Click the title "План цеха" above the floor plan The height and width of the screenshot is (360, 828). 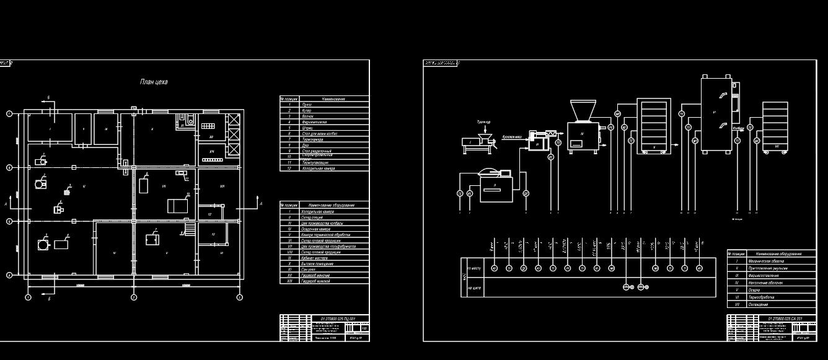153,82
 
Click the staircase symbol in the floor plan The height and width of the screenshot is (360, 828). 190,229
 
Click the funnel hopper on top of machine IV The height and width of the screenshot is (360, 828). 582,111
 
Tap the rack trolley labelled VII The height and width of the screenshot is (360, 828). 775,126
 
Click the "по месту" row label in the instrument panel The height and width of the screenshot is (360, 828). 474,268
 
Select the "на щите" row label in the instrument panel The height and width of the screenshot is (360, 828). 474,288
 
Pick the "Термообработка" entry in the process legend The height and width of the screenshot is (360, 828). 764,297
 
